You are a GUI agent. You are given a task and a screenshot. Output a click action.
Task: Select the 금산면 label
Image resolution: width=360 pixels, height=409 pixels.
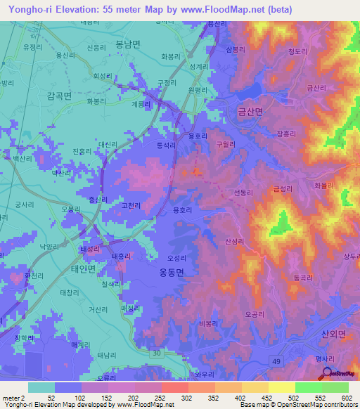coord(250,111)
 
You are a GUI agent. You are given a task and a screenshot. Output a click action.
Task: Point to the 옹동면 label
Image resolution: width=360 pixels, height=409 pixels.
coord(167,274)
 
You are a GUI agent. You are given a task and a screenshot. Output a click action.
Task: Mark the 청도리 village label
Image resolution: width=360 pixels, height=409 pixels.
coord(299,51)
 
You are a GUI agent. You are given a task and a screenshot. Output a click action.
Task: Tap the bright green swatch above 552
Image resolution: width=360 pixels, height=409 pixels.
coord(308,387)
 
